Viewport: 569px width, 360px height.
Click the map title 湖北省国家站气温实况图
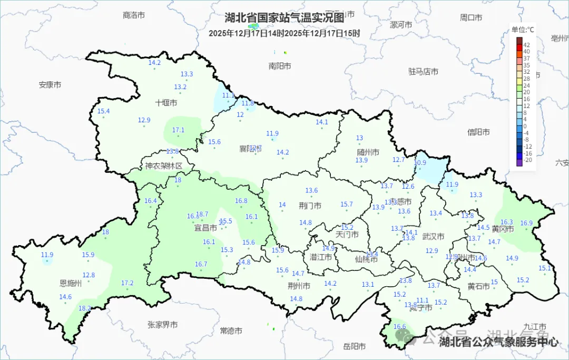click(284, 18)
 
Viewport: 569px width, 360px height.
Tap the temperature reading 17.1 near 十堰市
click(179, 130)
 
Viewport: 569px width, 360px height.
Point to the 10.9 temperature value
click(420, 162)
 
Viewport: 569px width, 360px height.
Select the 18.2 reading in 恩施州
click(84, 308)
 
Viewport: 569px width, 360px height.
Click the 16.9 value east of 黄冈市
click(526, 223)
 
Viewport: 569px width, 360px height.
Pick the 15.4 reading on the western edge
click(103, 111)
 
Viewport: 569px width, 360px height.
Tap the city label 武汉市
click(434, 237)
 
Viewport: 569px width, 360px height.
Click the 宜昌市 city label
click(205, 228)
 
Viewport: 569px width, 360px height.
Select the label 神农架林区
click(163, 166)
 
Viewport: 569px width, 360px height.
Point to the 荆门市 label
click(310, 206)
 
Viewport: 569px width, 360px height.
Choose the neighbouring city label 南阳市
click(279, 66)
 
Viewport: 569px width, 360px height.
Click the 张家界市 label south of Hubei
click(162, 325)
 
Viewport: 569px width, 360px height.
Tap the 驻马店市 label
click(423, 71)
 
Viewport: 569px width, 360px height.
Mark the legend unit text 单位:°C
click(523, 30)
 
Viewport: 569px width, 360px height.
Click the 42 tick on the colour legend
click(527, 45)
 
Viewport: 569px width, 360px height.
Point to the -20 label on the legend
click(528, 160)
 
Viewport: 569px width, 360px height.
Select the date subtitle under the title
click(284, 33)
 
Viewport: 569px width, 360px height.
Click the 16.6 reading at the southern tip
click(400, 327)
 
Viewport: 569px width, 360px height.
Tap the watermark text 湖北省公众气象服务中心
click(499, 342)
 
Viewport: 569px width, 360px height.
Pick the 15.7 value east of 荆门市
click(346, 204)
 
